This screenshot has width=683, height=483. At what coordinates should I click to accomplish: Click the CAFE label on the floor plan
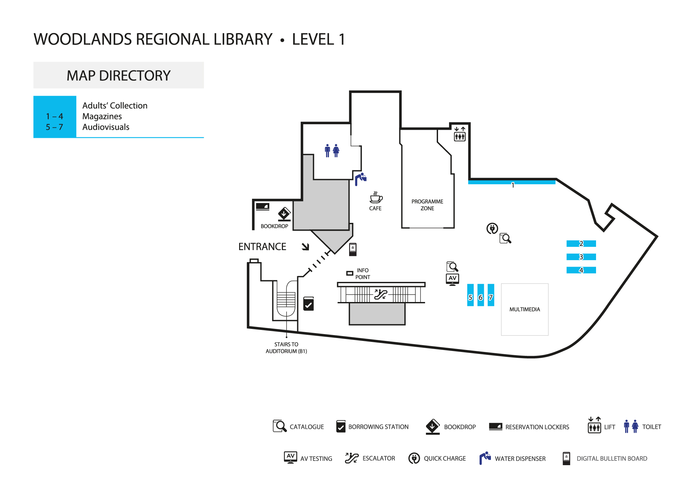click(x=375, y=208)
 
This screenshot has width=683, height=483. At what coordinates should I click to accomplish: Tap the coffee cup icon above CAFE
click(x=376, y=197)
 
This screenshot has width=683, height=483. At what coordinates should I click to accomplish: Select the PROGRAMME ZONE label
click(x=427, y=205)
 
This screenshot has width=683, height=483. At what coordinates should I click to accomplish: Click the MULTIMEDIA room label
click(x=525, y=309)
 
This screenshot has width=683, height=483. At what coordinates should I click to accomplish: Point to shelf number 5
click(x=470, y=295)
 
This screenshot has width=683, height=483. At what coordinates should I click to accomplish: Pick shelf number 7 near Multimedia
click(x=491, y=295)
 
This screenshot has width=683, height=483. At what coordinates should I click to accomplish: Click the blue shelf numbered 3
click(x=581, y=257)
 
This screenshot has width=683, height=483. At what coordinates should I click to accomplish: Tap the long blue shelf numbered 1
click(x=512, y=182)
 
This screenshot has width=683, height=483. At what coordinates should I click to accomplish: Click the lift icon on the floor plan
click(x=459, y=134)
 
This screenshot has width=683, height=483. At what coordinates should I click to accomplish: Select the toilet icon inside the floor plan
click(x=332, y=151)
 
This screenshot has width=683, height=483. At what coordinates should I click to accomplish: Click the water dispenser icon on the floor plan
click(x=360, y=179)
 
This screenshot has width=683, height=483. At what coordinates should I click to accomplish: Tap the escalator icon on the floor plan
click(x=381, y=294)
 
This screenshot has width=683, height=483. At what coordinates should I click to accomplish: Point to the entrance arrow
click(x=305, y=247)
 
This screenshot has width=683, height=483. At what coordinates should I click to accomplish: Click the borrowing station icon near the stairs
click(x=308, y=304)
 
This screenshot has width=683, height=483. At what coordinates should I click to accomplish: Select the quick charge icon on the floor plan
click(x=492, y=228)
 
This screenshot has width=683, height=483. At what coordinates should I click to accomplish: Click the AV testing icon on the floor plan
click(x=452, y=279)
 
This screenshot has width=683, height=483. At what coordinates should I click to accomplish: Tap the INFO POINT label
click(x=362, y=274)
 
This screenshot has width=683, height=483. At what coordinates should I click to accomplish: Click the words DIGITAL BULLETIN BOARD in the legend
click(x=612, y=458)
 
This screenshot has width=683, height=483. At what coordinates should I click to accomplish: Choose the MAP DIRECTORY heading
click(x=118, y=76)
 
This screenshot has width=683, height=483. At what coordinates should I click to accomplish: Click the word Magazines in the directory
click(x=102, y=116)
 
